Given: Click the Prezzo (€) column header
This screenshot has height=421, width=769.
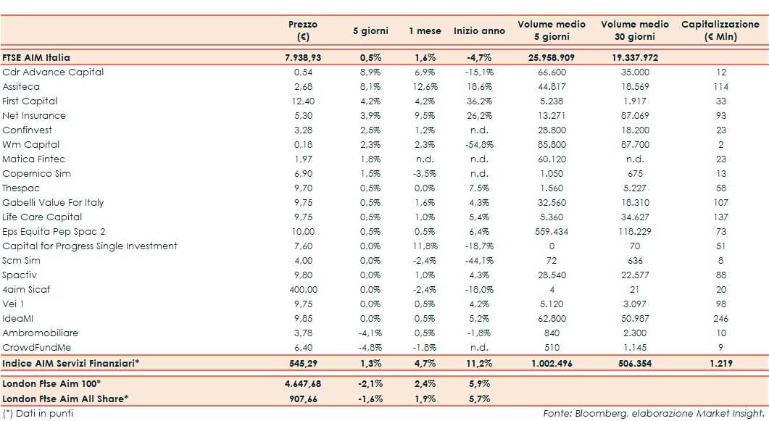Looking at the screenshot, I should tap(302, 30).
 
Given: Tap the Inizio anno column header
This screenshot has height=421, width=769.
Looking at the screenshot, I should tap(479, 31).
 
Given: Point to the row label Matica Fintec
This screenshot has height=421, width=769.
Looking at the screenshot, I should tap(33, 159).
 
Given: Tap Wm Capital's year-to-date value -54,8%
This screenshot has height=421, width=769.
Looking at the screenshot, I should tap(479, 144).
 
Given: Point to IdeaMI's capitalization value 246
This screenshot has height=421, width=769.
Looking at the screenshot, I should tap(720, 318).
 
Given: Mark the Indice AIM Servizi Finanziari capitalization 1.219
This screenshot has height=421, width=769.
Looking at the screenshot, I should tap(720, 362).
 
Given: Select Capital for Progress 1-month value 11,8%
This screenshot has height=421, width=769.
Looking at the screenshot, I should tap(424, 246).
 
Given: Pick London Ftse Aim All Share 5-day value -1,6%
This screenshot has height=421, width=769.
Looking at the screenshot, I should tap(370, 398).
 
